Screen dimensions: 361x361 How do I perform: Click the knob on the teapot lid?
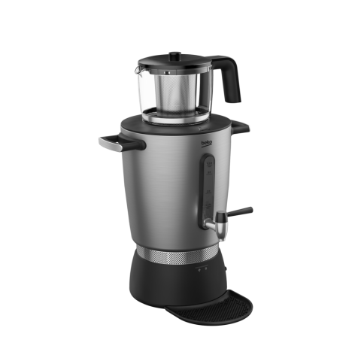coord(175,55)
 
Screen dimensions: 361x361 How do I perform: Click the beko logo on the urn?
coord(207,143)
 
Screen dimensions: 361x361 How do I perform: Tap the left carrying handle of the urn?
coord(122,144)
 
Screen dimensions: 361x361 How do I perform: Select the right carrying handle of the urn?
coord(240,127)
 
